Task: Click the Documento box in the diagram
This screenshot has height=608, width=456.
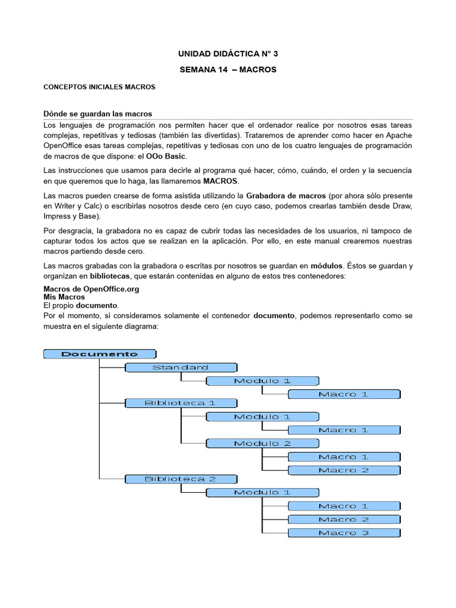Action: (x=99, y=354)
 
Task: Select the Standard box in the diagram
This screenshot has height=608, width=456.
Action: (x=180, y=368)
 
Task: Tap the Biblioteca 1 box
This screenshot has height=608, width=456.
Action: (x=180, y=403)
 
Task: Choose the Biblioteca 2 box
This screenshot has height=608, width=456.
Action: (x=180, y=479)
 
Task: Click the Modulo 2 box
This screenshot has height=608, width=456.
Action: (x=262, y=444)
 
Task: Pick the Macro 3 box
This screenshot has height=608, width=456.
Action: (x=344, y=533)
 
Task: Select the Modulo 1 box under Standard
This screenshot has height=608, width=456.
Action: (x=262, y=381)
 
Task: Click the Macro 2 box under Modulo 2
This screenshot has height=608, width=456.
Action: (x=344, y=470)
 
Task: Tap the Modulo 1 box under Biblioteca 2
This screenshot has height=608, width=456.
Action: (x=262, y=492)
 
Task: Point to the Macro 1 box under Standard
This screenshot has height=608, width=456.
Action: (x=344, y=394)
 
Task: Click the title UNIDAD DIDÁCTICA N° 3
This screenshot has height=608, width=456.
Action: (x=228, y=54)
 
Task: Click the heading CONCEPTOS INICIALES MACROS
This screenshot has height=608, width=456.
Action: (x=99, y=87)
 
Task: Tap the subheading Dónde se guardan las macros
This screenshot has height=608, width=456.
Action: (x=98, y=113)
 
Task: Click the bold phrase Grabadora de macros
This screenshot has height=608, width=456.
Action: (x=286, y=195)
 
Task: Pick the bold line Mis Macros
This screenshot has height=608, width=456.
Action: (x=64, y=297)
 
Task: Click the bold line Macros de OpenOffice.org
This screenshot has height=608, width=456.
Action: (x=91, y=289)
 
